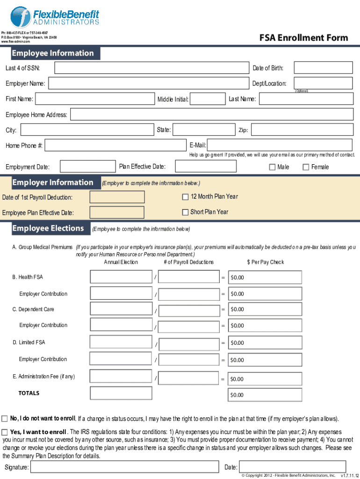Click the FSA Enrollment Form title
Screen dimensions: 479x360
pyautogui.click(x=303, y=38)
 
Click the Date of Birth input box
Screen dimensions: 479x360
pyautogui.click(x=323, y=68)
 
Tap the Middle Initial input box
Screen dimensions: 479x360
pyautogui.click(x=208, y=99)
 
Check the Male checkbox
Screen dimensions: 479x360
pyautogui.click(x=272, y=167)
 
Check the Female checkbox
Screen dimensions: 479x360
pyautogui.click(x=306, y=167)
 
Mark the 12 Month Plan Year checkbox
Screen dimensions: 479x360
pyautogui.click(x=185, y=196)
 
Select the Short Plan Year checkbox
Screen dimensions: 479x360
pyautogui.click(x=185, y=212)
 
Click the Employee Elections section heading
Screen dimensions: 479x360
pyautogui.click(x=48, y=228)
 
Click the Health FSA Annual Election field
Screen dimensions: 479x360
pyautogui.click(x=121, y=277)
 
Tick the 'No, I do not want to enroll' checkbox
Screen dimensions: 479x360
pyautogui.click(x=5, y=418)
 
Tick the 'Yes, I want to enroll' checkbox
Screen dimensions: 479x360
pyautogui.click(x=5, y=432)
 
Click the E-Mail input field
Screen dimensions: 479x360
pyautogui.click(x=280, y=145)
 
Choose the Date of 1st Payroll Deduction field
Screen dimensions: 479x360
pyautogui.click(x=117, y=197)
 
